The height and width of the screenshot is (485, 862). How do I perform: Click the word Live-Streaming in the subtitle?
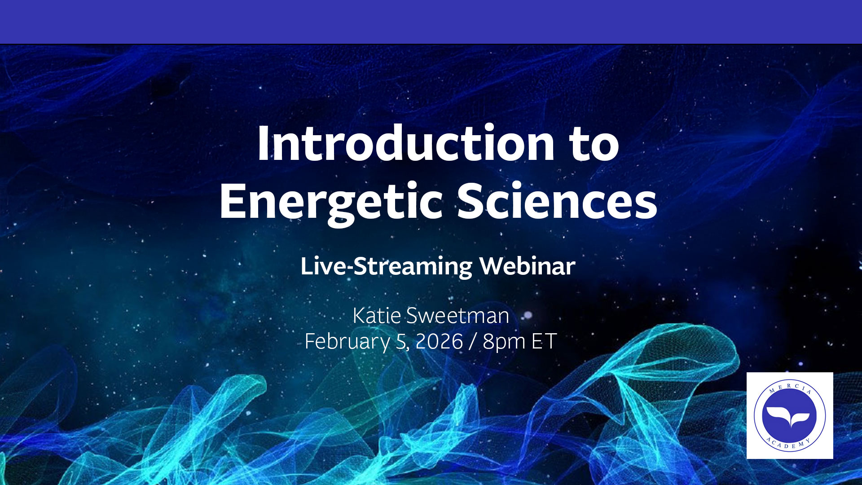click(x=386, y=266)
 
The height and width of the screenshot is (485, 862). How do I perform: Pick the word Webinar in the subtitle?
click(x=527, y=266)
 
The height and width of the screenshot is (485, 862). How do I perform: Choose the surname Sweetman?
click(x=457, y=316)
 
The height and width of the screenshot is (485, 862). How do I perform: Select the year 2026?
click(x=439, y=341)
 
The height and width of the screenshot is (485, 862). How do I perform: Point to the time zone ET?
click(x=544, y=341)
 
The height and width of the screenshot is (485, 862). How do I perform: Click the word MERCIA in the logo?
click(x=790, y=388)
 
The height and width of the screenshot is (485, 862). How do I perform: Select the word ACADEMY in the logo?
click(x=789, y=444)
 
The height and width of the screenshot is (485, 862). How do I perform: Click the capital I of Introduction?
click(x=263, y=143)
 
